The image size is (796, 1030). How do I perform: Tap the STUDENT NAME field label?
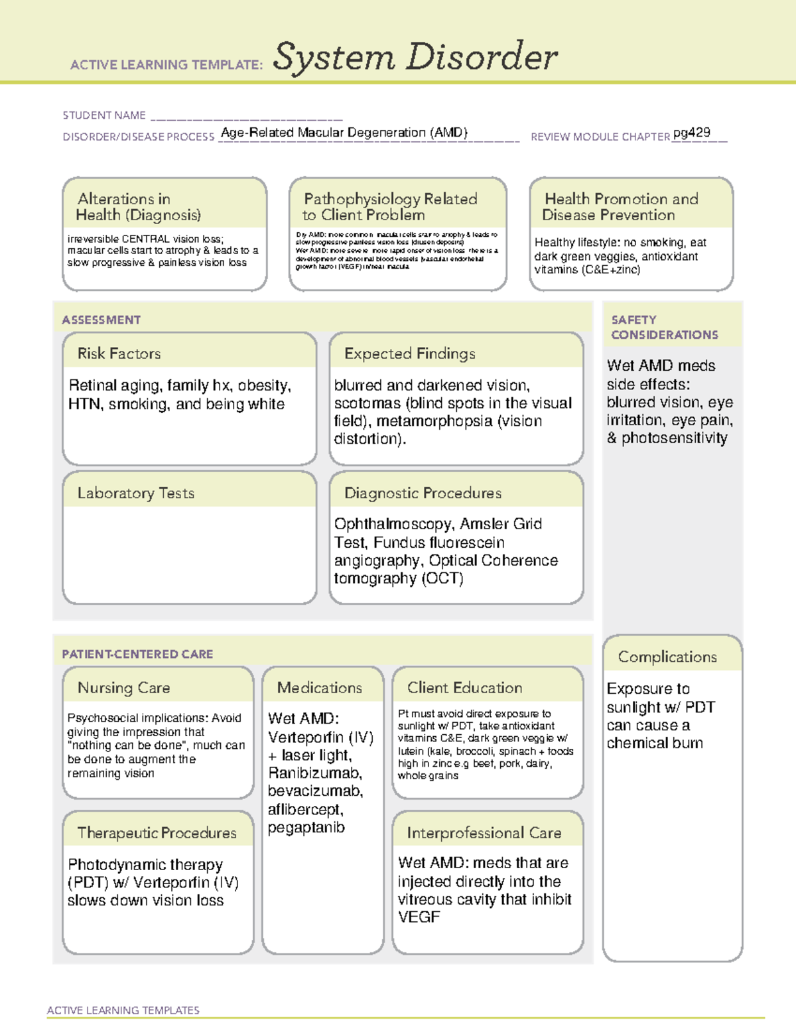coord(104,115)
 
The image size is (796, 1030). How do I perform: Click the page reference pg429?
coord(691,133)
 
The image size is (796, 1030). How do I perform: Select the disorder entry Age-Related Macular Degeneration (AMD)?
coord(344,133)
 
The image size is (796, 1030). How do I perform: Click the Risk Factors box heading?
coord(119,354)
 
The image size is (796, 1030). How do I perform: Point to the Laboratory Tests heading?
coord(135,493)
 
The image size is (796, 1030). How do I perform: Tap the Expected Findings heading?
coord(409,354)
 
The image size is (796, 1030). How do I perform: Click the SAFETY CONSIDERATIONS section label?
coord(664,327)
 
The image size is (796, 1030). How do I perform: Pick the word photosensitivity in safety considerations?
coord(674,438)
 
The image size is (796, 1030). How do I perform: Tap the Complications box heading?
coord(667,657)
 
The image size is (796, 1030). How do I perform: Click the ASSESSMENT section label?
coord(101,320)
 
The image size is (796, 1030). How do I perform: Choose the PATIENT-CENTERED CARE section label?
coord(137,654)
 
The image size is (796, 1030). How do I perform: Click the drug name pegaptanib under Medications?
coord(306,828)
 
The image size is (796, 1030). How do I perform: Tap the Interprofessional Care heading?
coord(484,832)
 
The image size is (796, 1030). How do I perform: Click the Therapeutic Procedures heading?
coord(157,832)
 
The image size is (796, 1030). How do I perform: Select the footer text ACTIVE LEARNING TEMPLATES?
coord(123,1010)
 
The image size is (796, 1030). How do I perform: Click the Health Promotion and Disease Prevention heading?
coord(620,207)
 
